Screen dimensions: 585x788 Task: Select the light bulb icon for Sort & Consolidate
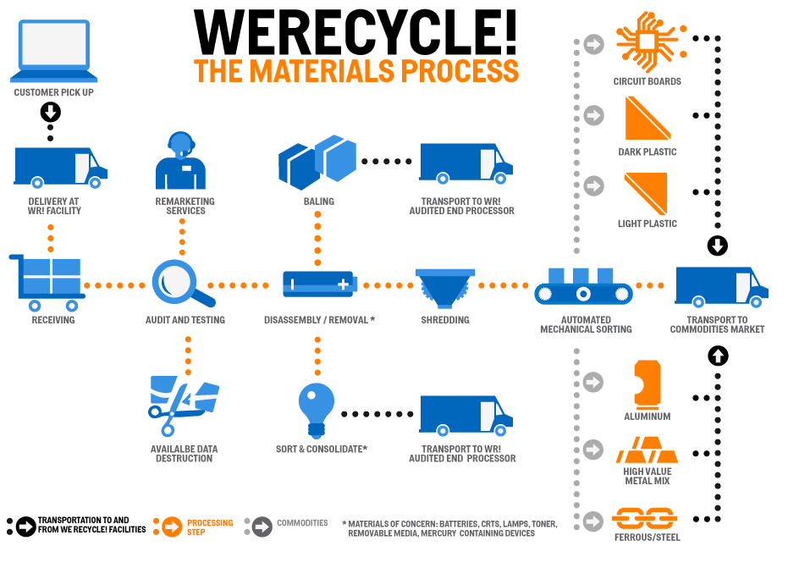point(317,406)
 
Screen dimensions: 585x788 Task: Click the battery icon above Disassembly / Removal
point(318,284)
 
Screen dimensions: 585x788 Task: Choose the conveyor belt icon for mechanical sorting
point(583,287)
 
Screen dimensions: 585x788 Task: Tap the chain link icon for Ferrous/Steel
point(645,516)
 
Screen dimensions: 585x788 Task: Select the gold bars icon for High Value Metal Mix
point(647,450)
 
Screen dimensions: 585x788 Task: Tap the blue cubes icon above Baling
point(317,162)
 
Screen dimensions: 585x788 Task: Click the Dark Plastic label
point(647,152)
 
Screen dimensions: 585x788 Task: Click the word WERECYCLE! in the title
point(355,31)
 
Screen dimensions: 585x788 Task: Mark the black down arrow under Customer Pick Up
point(50,112)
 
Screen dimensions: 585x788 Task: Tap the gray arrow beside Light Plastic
point(594,185)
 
